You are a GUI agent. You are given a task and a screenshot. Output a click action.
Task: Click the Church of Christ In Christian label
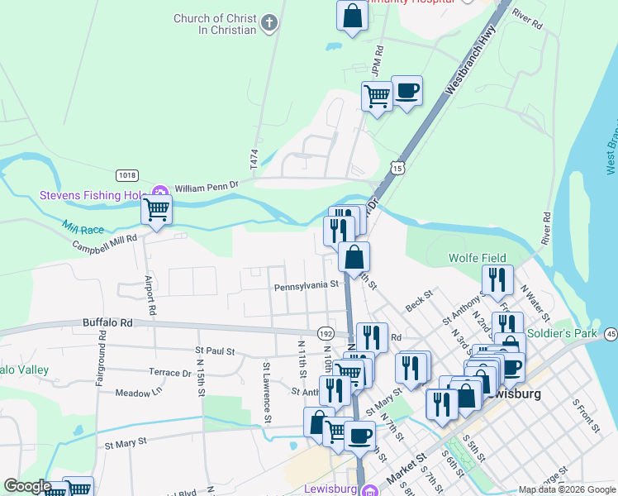[215, 24]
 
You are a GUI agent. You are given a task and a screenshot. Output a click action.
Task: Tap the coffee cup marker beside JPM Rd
[406, 90]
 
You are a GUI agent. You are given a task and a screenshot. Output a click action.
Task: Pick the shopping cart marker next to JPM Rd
[377, 97]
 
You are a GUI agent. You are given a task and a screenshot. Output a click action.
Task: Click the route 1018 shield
[126, 175]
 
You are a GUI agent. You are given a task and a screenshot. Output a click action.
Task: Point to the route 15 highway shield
[399, 167]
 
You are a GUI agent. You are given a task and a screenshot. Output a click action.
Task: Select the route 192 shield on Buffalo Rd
[326, 332]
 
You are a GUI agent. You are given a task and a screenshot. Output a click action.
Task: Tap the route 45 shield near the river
[611, 333]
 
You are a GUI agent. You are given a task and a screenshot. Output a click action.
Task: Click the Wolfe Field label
[477, 258]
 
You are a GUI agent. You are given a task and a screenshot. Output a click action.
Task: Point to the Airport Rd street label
[150, 296]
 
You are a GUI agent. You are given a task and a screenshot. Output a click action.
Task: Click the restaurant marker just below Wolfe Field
[497, 281]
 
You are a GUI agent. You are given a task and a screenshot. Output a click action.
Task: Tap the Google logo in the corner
[27, 486]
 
